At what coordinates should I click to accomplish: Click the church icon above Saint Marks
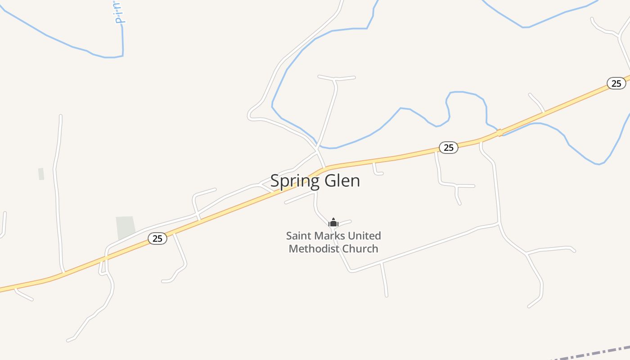pyautogui.click(x=333, y=222)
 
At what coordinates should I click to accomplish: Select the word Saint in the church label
pyautogui.click(x=297, y=236)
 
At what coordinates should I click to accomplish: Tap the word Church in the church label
pyautogui.click(x=360, y=248)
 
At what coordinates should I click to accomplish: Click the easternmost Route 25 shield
pyautogui.click(x=616, y=83)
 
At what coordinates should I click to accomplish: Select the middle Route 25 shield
pyautogui.click(x=448, y=148)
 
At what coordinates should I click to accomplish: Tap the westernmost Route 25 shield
pyautogui.click(x=157, y=238)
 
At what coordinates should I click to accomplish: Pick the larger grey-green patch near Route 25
pyautogui.click(x=126, y=228)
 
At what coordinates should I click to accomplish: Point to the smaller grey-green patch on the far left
pyautogui.click(x=41, y=174)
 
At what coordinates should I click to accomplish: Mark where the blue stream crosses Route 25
pyautogui.click(x=499, y=133)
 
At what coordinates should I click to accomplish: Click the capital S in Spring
pyautogui.click(x=274, y=181)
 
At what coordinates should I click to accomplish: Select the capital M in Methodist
pyautogui.click(x=293, y=248)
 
